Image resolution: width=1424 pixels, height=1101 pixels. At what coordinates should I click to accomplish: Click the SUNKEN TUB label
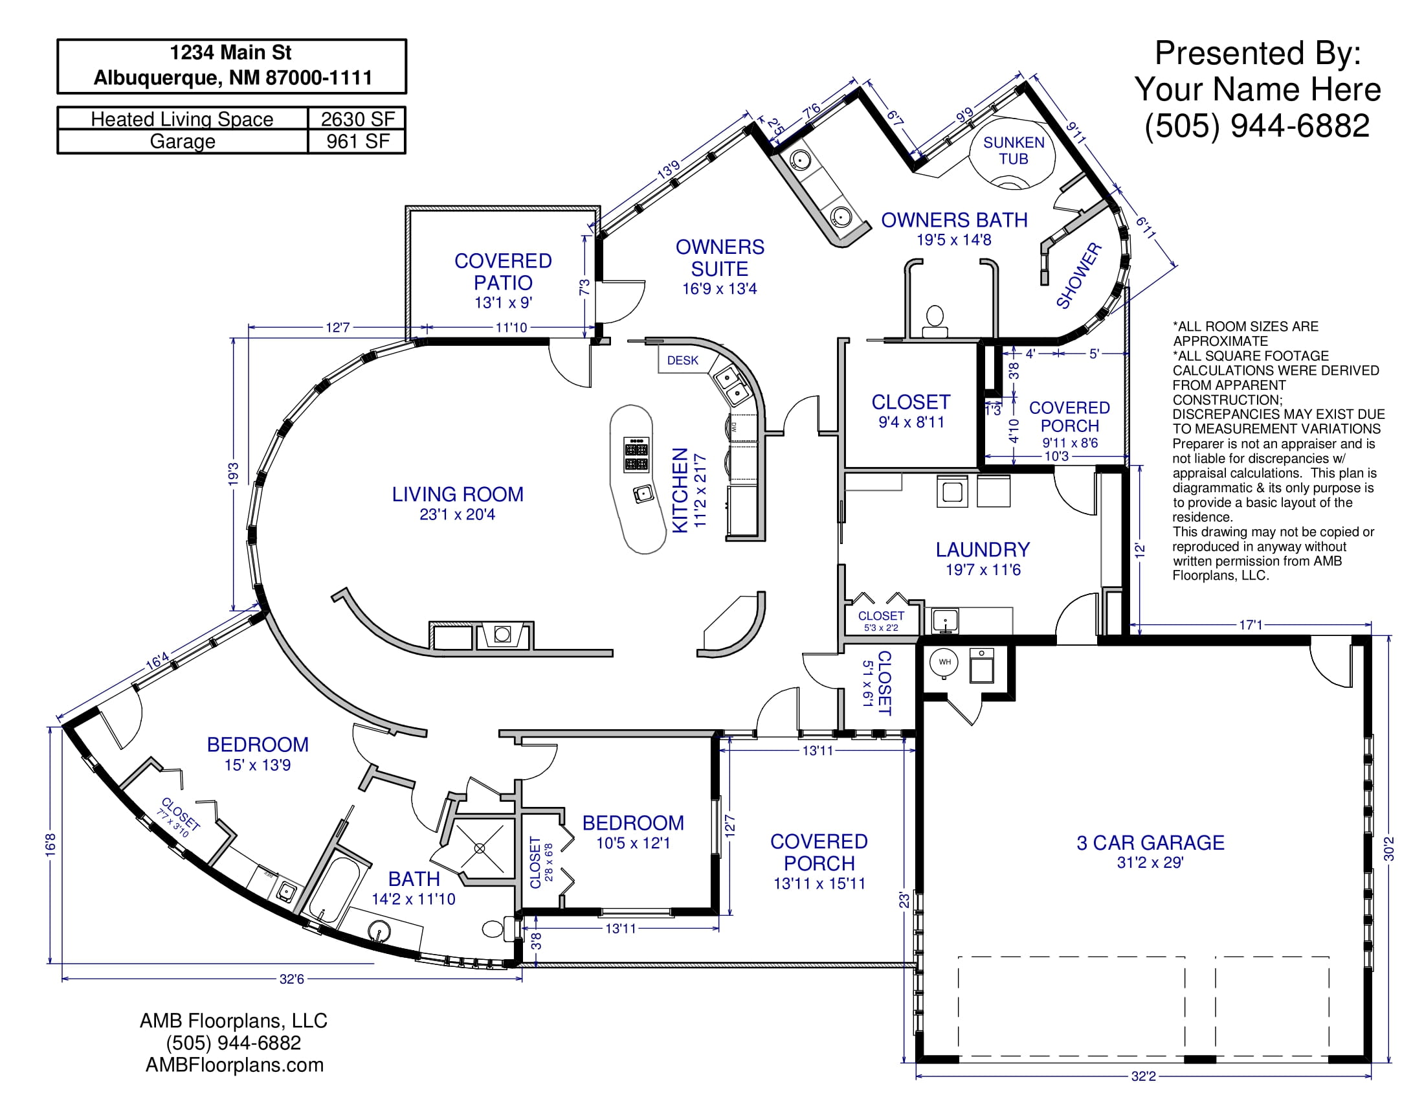point(1014,151)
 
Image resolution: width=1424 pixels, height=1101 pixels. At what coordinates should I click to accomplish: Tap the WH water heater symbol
point(945,663)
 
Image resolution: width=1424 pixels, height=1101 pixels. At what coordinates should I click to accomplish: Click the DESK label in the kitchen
point(682,361)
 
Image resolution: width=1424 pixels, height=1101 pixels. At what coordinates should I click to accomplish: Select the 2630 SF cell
point(357,119)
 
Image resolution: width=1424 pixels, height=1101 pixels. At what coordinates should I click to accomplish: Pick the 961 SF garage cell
point(358,142)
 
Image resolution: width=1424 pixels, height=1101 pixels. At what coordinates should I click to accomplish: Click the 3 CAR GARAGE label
point(1150,843)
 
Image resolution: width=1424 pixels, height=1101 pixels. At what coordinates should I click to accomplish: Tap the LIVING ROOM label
point(458,494)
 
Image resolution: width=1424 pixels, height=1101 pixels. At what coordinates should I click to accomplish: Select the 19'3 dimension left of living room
point(234,473)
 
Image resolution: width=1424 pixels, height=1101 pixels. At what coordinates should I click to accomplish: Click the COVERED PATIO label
point(503,271)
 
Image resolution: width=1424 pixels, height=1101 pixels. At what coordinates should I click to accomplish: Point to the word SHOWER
point(1078,276)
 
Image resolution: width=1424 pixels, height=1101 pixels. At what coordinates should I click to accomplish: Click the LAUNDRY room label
point(983,550)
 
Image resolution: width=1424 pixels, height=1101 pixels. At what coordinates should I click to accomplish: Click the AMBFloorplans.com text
point(235,1065)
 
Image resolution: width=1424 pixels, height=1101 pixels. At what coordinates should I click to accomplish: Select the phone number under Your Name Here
point(1257,125)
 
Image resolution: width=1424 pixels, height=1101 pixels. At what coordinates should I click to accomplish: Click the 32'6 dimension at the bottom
point(291,979)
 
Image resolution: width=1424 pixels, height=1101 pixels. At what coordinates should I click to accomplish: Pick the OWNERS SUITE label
point(720,258)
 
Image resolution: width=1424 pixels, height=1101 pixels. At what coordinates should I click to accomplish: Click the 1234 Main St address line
point(231,52)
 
